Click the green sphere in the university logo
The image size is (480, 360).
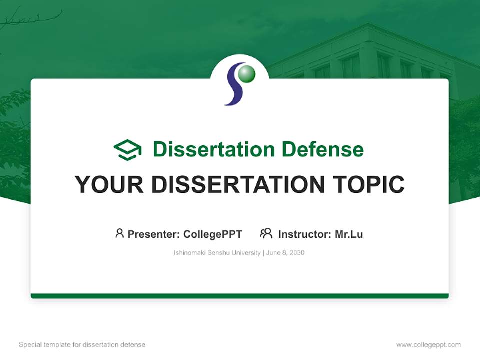pos(246,74)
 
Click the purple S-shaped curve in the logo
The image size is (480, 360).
pos(233,87)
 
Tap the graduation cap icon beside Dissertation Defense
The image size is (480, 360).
pos(128,150)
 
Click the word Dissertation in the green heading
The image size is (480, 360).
pos(213,149)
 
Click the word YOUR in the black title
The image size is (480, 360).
pos(109,184)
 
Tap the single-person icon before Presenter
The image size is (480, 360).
pos(119,233)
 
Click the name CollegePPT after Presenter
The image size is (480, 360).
pos(212,234)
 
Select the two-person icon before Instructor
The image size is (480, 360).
pos(266,233)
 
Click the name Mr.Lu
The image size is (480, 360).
pos(349,234)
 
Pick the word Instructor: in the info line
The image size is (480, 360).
pos(305,234)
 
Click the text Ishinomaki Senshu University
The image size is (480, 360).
pos(217,253)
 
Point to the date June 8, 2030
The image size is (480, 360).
pos(285,253)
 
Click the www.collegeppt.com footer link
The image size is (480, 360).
pos(428,345)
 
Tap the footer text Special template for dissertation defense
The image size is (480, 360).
pos(82,345)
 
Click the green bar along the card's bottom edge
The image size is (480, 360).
pos(240,296)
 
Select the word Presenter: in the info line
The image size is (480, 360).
pos(154,234)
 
